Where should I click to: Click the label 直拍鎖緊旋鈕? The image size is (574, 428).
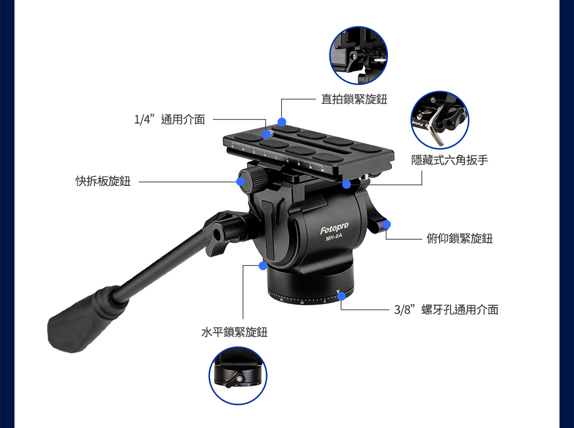354,99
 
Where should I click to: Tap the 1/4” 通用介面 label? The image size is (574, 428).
170,119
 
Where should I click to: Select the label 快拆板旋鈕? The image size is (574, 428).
103,181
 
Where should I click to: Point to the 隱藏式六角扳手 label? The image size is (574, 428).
449,160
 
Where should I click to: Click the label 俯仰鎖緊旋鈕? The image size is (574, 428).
460,239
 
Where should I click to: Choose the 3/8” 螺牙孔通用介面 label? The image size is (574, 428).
446,309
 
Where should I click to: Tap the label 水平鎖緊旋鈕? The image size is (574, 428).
235,332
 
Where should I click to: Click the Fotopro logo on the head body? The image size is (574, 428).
334,228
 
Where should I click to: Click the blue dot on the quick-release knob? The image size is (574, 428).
241,181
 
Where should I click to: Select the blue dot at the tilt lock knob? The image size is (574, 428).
386,224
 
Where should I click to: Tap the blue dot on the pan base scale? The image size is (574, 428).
341,296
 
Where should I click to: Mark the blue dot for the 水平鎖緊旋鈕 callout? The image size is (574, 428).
263,266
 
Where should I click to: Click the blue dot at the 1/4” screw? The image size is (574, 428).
266,134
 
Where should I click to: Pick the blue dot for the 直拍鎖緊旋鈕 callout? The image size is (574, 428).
281,122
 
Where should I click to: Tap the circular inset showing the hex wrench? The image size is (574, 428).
440,120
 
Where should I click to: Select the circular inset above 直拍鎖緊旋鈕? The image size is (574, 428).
358,55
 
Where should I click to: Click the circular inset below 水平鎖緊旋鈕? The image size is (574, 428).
238,376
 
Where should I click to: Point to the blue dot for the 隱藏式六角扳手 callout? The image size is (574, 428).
346,184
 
